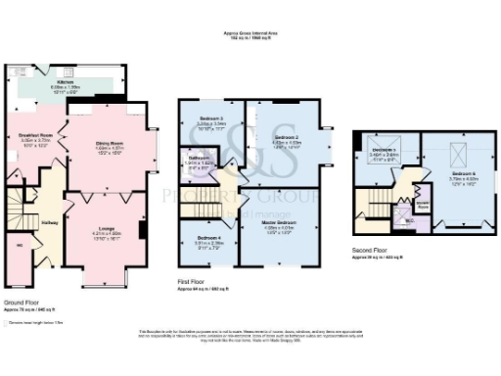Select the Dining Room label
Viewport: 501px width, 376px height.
109,144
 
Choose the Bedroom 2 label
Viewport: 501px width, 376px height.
285,137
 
